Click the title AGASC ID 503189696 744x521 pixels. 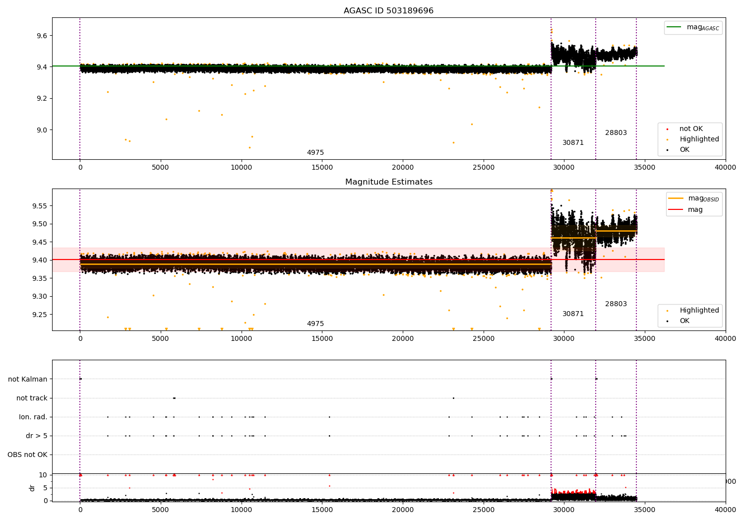click(x=388, y=11)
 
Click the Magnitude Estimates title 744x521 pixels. click(x=388, y=182)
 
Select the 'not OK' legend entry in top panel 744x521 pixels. click(x=691, y=129)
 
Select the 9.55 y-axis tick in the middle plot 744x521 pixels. click(x=39, y=206)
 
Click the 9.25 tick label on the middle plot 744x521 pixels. click(x=39, y=315)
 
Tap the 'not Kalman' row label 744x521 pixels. click(x=28, y=379)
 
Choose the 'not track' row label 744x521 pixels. click(x=32, y=398)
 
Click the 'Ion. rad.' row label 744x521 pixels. click(x=33, y=417)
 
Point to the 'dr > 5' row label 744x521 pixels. click(x=37, y=436)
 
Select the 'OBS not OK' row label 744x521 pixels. click(x=27, y=455)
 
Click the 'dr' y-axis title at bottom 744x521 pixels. click(x=32, y=488)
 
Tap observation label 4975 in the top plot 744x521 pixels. click(x=315, y=153)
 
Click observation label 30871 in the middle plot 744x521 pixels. click(x=573, y=314)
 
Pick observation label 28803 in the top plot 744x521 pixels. click(x=616, y=133)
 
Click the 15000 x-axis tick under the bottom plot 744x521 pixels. click(x=322, y=510)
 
